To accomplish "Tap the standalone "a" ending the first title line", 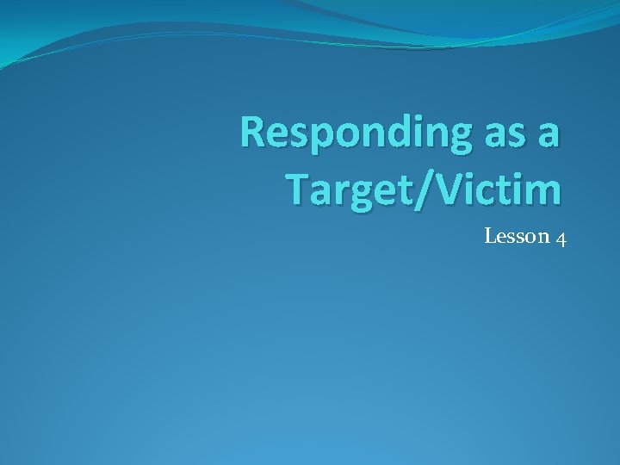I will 549,135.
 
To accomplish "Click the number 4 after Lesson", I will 561,238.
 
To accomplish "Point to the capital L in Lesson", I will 490,236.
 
